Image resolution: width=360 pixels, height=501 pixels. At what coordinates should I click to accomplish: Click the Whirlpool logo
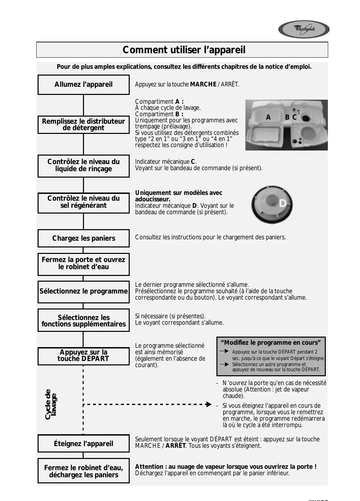[304, 29]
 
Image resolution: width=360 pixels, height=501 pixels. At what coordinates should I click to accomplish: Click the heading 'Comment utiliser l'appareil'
[184, 50]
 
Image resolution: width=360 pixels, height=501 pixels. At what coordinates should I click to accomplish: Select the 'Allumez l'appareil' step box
[83, 85]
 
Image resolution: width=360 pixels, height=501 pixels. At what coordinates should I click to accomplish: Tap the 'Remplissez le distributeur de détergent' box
[83, 124]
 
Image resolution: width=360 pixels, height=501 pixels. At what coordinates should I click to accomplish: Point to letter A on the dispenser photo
[268, 118]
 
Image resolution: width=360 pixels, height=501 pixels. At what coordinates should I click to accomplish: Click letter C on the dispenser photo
[294, 117]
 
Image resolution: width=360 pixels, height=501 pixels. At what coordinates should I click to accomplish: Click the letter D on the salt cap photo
[282, 203]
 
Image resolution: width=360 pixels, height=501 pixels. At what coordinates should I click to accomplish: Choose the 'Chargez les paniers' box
[83, 238]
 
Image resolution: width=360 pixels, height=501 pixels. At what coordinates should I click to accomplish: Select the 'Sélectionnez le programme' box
[83, 292]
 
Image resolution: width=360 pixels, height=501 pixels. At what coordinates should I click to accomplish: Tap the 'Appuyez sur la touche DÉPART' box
[83, 356]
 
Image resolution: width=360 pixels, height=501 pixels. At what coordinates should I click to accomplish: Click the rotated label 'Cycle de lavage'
[51, 404]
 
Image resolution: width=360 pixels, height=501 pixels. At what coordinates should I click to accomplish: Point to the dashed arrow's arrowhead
[209, 404]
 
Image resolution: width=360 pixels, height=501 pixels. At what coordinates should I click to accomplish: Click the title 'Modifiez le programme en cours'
[271, 343]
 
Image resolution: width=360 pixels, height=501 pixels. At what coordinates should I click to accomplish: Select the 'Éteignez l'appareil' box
[83, 444]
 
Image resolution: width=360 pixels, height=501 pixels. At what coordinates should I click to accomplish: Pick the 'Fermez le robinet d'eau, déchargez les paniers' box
[83, 471]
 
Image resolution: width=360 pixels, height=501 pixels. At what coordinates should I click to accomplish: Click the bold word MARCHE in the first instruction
[203, 85]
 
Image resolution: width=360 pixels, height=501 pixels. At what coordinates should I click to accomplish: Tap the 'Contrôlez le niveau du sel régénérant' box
[83, 202]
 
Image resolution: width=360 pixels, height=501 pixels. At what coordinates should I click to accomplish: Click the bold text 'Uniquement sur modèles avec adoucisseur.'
[178, 196]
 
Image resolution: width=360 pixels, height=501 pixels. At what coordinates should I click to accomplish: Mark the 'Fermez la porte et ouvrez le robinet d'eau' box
[83, 263]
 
